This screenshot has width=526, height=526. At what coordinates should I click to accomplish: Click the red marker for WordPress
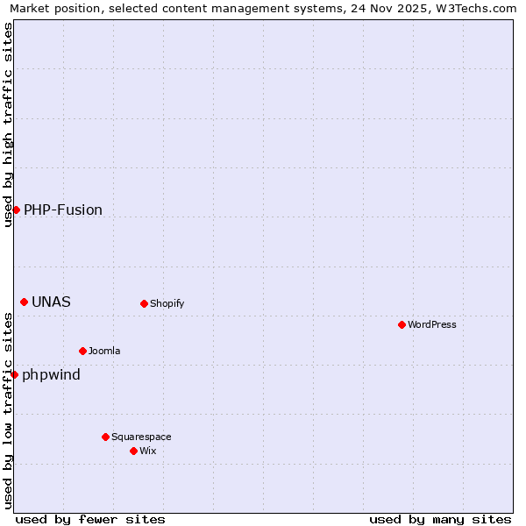click(x=402, y=324)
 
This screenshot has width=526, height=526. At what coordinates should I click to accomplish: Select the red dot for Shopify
click(x=144, y=303)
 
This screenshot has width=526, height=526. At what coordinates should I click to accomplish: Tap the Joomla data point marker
click(x=82, y=351)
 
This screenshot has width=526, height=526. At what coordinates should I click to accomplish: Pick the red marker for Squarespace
click(x=105, y=437)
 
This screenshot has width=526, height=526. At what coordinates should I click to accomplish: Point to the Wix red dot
click(x=133, y=451)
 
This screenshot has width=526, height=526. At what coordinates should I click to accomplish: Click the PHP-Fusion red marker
click(x=16, y=210)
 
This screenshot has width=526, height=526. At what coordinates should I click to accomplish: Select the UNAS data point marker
click(x=24, y=302)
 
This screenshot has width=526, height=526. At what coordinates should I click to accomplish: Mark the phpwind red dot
click(x=14, y=374)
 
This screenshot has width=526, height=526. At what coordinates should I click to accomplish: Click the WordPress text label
click(x=432, y=324)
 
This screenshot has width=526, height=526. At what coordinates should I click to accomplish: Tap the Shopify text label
click(x=167, y=303)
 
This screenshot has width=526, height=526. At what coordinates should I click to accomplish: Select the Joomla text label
click(x=104, y=351)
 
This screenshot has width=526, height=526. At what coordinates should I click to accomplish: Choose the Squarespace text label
click(x=141, y=437)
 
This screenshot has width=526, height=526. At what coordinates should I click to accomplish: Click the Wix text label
click(x=147, y=451)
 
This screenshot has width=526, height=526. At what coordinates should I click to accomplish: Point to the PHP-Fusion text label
click(x=63, y=210)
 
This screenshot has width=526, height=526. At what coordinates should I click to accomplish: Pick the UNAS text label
click(x=51, y=302)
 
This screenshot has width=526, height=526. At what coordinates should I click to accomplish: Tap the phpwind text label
click(x=51, y=375)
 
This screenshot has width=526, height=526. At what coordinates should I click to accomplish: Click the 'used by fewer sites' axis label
click(x=90, y=519)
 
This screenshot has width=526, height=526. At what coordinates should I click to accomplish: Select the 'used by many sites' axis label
click(x=440, y=519)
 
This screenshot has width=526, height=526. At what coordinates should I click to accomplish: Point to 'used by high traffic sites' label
click(x=8, y=124)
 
